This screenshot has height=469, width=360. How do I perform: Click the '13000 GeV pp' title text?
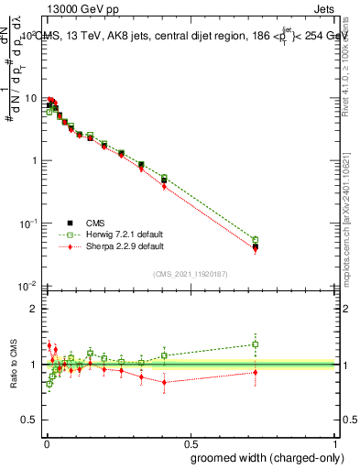81,8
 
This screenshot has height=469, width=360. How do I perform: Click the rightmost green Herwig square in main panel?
256,240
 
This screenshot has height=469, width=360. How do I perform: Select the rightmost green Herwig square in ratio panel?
256,344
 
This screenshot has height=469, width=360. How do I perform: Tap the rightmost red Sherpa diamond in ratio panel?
256,372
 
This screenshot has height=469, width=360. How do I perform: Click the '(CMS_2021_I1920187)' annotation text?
191,272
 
